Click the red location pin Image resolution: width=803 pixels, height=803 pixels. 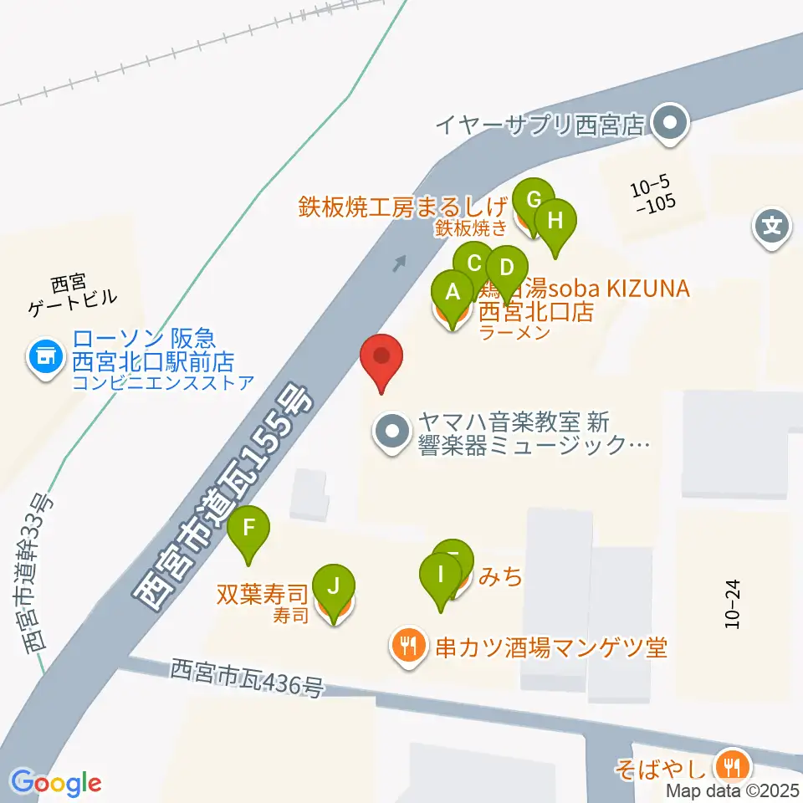point(382,357)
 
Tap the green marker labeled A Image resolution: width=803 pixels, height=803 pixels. point(453,294)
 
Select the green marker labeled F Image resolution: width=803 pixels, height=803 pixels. point(248,529)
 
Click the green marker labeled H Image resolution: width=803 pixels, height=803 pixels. point(556,222)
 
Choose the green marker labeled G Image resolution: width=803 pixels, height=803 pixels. point(533,201)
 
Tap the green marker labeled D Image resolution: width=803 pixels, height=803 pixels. point(506,269)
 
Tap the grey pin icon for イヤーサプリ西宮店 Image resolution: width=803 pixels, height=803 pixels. point(670,125)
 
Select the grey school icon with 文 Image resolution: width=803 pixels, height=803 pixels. point(773,227)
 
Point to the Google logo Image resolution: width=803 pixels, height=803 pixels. point(56,783)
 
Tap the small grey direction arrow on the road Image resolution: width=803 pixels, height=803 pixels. point(399,264)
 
